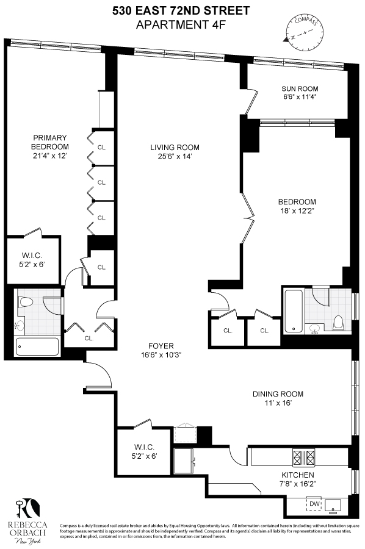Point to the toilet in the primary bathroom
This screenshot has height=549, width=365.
(26, 301)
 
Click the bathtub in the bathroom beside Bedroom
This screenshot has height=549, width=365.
(294, 311)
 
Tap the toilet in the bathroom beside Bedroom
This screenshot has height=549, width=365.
(339, 321)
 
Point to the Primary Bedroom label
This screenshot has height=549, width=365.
(50, 142)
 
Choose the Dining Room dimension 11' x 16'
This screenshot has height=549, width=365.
(278, 403)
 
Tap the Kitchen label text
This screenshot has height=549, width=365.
(297, 475)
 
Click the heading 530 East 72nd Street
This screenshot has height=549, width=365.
(181, 10)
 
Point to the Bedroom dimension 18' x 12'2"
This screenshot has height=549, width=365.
(297, 212)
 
